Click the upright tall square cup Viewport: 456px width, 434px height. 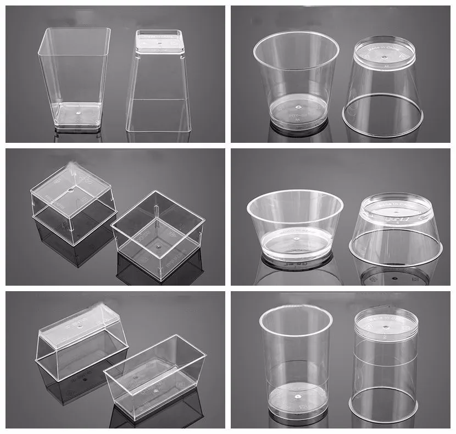tap(74, 77)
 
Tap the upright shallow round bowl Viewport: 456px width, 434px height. tap(295, 225)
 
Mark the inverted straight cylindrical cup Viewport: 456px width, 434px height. tap(386, 363)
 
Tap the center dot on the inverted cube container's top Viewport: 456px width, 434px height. tap(73, 191)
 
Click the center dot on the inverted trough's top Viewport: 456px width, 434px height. tap(80, 326)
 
